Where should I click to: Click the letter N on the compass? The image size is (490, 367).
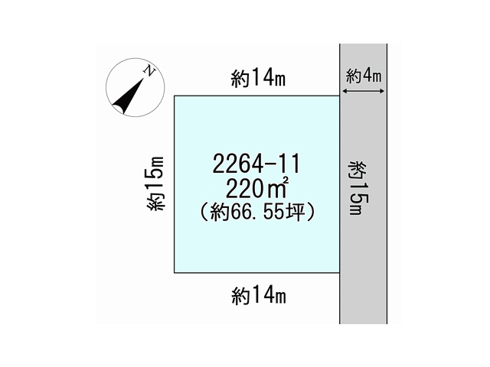(x=149, y=71)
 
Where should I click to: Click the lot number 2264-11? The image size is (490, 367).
(x=256, y=164)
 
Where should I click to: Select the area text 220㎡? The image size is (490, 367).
(x=256, y=188)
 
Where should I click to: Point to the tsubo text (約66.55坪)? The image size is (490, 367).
(x=257, y=213)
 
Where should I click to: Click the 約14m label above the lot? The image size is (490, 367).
(x=258, y=78)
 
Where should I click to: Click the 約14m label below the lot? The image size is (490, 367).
(x=259, y=296)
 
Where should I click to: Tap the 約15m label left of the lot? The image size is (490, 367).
(x=155, y=183)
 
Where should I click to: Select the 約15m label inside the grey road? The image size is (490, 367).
(x=359, y=188)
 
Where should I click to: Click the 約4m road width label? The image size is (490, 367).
(x=364, y=76)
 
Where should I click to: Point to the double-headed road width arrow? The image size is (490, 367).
(x=364, y=91)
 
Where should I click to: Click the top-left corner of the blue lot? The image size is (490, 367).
(x=174, y=96)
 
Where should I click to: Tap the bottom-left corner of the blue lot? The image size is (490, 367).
(x=174, y=273)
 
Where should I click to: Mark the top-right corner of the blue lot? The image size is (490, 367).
(x=340, y=96)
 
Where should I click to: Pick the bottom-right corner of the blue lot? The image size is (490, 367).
(x=340, y=273)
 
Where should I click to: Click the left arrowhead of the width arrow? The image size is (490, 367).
(x=345, y=91)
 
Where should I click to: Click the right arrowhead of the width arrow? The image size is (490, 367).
(x=383, y=91)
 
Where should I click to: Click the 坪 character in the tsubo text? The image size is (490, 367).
(x=296, y=213)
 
